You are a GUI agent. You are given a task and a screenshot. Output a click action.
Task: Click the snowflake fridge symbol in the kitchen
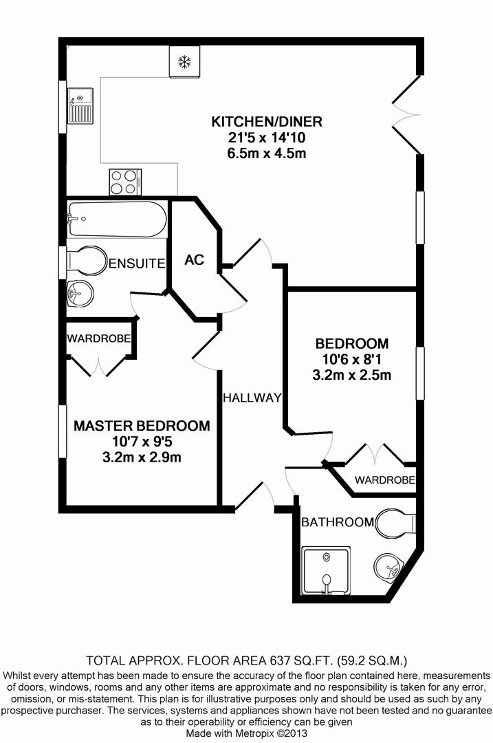(x=184, y=63)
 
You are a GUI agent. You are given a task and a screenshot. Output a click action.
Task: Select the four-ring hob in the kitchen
(x=125, y=182)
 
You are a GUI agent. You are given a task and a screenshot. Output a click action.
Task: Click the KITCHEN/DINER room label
(x=256, y=122)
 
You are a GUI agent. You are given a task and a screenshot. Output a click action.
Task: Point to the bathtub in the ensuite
(x=117, y=219)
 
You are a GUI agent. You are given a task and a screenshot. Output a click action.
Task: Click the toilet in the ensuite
(x=87, y=261)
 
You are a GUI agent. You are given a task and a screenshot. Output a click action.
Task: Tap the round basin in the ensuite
(x=80, y=294)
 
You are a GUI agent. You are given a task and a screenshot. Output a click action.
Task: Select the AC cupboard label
(x=194, y=260)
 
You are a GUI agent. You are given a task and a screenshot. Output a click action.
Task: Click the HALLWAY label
(x=252, y=398)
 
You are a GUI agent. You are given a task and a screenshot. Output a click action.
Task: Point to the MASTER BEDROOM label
(x=142, y=426)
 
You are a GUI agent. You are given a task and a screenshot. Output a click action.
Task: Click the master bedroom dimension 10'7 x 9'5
(x=142, y=442)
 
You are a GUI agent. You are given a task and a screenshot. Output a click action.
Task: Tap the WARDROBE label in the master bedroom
(x=98, y=338)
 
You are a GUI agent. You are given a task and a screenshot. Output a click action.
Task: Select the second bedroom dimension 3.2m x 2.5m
(x=351, y=375)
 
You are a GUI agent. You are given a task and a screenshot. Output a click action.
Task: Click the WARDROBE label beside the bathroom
(x=384, y=479)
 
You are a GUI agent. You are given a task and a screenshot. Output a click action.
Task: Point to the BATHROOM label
(x=338, y=522)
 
